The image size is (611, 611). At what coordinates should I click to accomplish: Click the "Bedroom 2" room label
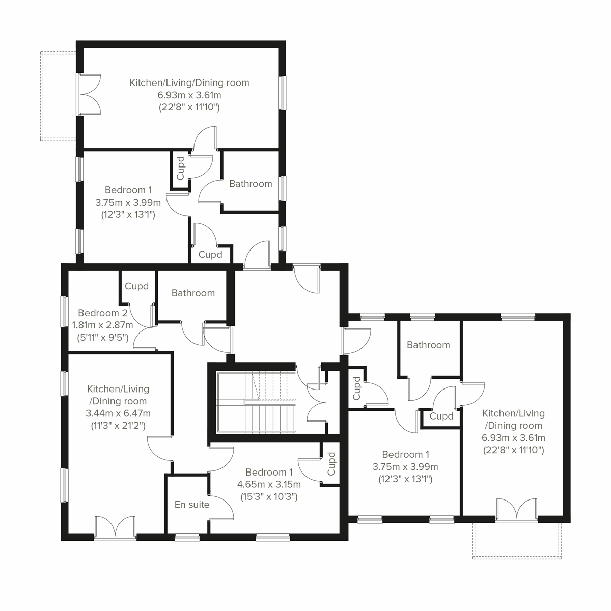pos(103,313)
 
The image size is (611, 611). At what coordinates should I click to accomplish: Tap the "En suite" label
pos(192,505)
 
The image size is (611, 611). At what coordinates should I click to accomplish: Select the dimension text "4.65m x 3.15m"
pos(269,484)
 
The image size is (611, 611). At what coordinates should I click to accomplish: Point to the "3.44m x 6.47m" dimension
pos(118,413)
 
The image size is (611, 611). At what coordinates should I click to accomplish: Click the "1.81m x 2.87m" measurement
pos(105,325)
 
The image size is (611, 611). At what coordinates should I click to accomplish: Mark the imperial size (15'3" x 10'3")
pos(269,496)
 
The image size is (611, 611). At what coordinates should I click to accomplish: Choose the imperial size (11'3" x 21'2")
pos(118,425)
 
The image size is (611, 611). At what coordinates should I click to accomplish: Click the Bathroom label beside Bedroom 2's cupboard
pos(193,293)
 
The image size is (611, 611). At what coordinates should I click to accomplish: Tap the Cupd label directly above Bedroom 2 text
pos(136,286)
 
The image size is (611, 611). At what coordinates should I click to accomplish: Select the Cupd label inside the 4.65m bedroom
pos(331,464)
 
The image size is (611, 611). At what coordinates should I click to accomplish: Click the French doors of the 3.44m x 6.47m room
pos(115,527)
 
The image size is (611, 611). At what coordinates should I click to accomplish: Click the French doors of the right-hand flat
pos(517,511)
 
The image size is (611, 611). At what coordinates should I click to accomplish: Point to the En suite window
pos(187,537)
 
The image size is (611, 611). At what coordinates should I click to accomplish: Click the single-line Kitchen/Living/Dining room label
pos(189,82)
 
